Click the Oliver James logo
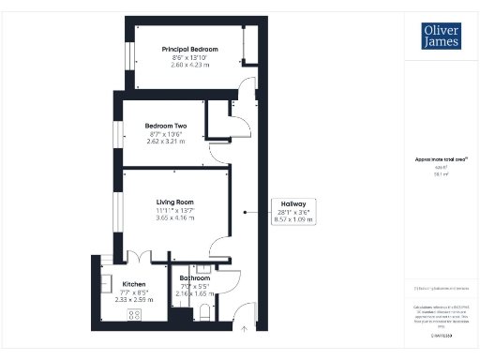(433, 35)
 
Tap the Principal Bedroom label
(189, 49)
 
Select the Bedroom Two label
(166, 126)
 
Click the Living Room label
(174, 201)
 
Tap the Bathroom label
(195, 277)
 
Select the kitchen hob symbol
(133, 314)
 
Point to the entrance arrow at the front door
(246, 327)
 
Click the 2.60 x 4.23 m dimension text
(189, 65)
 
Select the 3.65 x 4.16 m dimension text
(174, 217)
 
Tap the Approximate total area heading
(433, 159)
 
